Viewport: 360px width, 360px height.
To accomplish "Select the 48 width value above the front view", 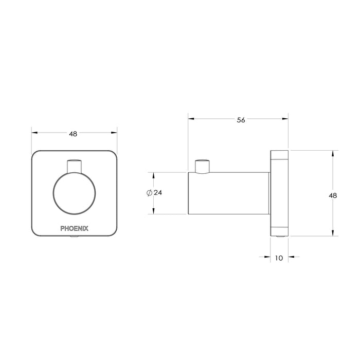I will click(x=73, y=134).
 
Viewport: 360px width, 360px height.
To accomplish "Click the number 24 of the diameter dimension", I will click(x=158, y=193).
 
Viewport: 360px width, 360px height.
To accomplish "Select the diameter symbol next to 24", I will click(x=149, y=193).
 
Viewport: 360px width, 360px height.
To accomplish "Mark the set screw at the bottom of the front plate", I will click(x=75, y=238).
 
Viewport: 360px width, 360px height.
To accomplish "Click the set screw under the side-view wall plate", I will click(x=280, y=237).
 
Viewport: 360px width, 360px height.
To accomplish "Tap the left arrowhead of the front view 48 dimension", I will click(x=35, y=133).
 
